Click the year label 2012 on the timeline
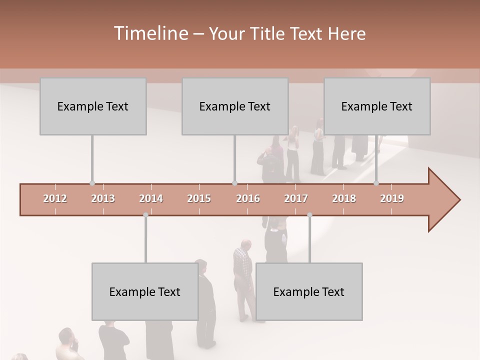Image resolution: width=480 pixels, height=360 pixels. coord(55,198)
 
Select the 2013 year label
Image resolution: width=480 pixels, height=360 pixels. coord(103,198)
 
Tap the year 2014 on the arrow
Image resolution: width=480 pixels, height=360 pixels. coord(151,198)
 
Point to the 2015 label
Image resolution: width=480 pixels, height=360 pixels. coord(199,198)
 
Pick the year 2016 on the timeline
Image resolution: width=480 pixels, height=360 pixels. coord(248,198)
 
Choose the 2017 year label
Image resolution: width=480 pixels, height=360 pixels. coord(296,198)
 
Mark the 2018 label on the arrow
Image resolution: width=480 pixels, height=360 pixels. coord(344,198)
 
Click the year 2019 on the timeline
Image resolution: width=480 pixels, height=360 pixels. coord(392,198)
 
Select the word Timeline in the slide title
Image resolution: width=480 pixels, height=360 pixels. coord(150,33)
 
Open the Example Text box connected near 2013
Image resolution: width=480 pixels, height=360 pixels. coord(93,106)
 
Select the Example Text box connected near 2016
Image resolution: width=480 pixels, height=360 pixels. coord(235,106)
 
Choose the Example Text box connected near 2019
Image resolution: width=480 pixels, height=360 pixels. coord(377,106)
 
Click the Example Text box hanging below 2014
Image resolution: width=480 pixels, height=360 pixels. coord(145,292)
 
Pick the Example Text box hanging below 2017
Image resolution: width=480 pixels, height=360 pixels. coord(309,292)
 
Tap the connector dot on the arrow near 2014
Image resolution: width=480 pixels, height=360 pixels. coord(145,215)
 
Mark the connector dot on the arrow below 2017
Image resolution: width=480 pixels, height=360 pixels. coord(309,215)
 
